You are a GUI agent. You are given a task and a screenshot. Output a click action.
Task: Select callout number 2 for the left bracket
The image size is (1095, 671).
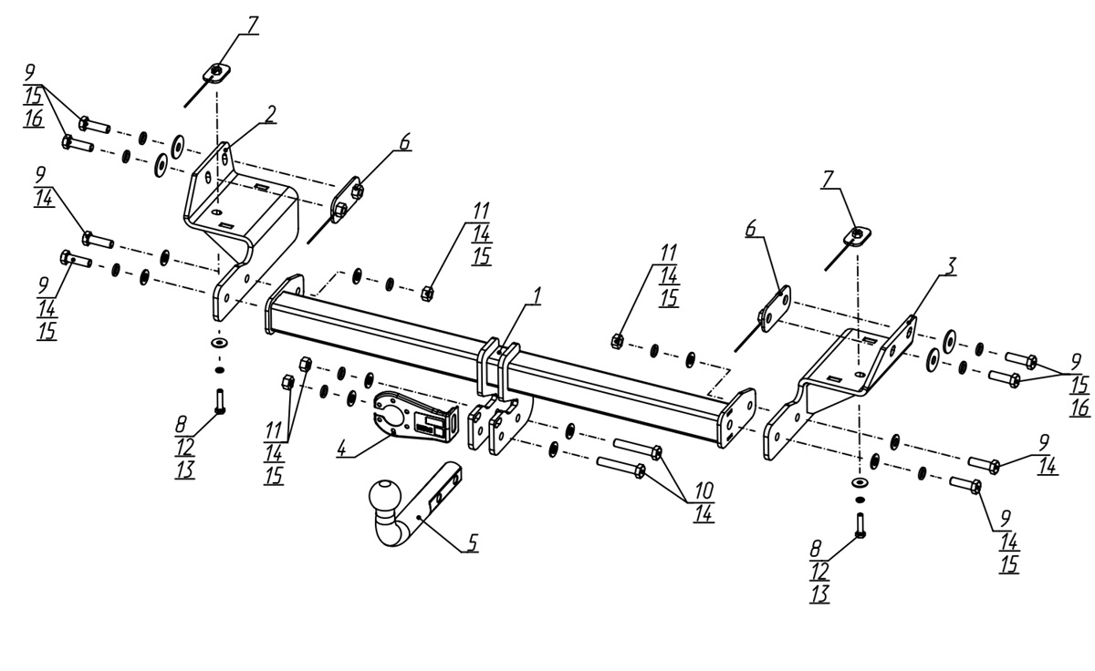click(271, 113)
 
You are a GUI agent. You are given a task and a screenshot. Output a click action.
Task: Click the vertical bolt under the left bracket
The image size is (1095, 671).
click(219, 400)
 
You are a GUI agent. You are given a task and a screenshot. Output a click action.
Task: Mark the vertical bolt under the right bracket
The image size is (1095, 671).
click(859, 524)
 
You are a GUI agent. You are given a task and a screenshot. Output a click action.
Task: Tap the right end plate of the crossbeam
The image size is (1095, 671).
click(736, 418)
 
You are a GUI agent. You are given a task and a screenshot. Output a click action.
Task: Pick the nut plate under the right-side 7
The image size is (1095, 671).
click(857, 236)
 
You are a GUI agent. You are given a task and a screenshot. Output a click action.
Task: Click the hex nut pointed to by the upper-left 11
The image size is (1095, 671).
click(426, 293)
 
